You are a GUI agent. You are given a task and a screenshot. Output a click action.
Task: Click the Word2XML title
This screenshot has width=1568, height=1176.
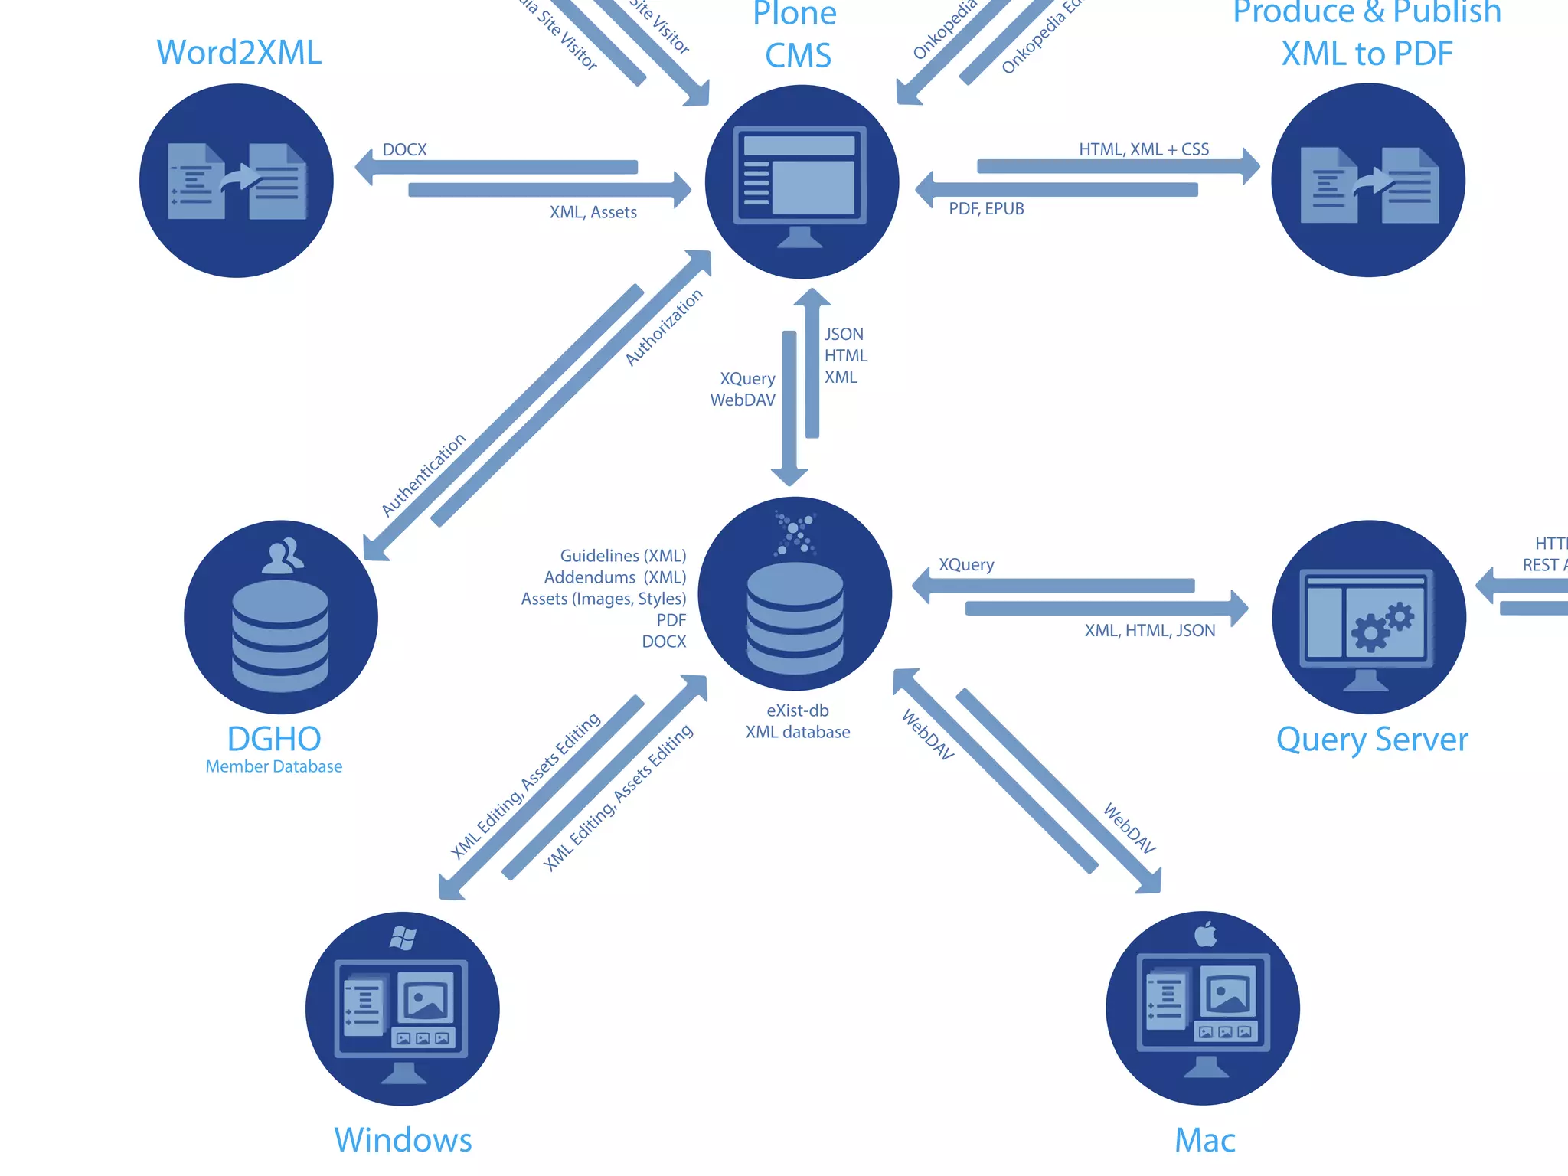click(239, 53)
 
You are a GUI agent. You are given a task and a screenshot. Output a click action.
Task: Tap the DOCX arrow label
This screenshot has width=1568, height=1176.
click(404, 149)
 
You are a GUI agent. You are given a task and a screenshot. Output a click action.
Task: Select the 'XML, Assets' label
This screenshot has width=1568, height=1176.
click(593, 212)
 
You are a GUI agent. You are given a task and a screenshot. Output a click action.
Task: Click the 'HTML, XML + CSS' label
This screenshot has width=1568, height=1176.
click(1144, 149)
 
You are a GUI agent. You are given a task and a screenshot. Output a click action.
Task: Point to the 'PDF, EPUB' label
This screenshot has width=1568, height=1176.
click(986, 208)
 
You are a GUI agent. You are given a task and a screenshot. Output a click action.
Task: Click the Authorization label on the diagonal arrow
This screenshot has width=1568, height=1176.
click(664, 328)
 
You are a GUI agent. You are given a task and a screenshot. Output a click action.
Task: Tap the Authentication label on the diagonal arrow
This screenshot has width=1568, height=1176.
click(423, 475)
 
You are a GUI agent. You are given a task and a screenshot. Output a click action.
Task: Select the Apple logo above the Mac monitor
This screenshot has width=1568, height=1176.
click(1206, 934)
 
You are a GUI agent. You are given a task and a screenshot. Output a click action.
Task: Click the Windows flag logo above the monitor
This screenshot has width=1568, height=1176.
click(403, 937)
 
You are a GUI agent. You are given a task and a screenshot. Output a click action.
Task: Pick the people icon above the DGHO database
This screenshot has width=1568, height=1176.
click(282, 556)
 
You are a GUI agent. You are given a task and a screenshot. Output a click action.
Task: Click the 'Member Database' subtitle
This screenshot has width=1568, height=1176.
click(273, 766)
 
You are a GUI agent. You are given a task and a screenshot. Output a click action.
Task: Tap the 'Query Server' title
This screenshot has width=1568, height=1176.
click(1372, 740)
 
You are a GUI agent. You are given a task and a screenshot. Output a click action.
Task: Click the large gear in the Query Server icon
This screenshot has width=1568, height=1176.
click(1370, 632)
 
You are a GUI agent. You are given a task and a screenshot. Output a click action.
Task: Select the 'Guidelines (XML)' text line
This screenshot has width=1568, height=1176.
click(622, 555)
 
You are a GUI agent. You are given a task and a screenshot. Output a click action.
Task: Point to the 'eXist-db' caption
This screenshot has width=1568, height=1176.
click(797, 710)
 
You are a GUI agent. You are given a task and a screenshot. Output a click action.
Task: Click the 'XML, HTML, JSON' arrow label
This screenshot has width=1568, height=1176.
click(1149, 630)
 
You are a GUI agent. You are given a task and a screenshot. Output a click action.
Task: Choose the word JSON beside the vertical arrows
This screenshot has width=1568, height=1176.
click(844, 335)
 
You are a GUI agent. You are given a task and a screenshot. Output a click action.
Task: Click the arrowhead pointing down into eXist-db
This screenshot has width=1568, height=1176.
click(789, 476)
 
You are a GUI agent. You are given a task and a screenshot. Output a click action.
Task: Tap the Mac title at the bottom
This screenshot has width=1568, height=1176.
click(1204, 1140)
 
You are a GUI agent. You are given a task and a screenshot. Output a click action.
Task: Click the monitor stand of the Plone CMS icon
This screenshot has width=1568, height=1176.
click(800, 238)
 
